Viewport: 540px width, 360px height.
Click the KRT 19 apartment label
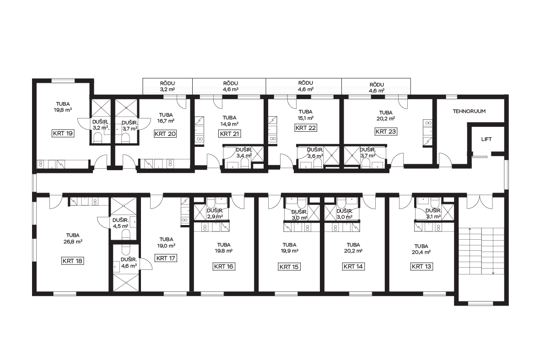(x=63, y=133)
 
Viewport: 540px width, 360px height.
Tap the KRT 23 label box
(x=386, y=131)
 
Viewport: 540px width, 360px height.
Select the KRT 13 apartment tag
(x=421, y=266)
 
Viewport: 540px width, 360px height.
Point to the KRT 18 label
(x=73, y=261)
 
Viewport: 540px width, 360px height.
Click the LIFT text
(x=486, y=139)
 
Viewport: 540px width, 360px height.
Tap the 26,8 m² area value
(x=73, y=242)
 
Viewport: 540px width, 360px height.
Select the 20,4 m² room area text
(x=421, y=252)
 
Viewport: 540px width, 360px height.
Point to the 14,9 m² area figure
(x=230, y=124)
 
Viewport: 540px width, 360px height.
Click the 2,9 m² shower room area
(x=215, y=216)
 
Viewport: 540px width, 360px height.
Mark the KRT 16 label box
(x=224, y=266)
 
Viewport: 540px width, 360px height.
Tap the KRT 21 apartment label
(x=230, y=134)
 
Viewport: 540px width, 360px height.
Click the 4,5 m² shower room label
(x=120, y=226)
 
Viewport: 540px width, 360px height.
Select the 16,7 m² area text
(x=166, y=121)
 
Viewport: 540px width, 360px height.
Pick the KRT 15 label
(x=289, y=267)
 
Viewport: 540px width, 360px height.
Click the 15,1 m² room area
(x=306, y=118)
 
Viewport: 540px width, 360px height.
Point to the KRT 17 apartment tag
(x=166, y=258)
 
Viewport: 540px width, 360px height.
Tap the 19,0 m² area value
(x=166, y=246)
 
